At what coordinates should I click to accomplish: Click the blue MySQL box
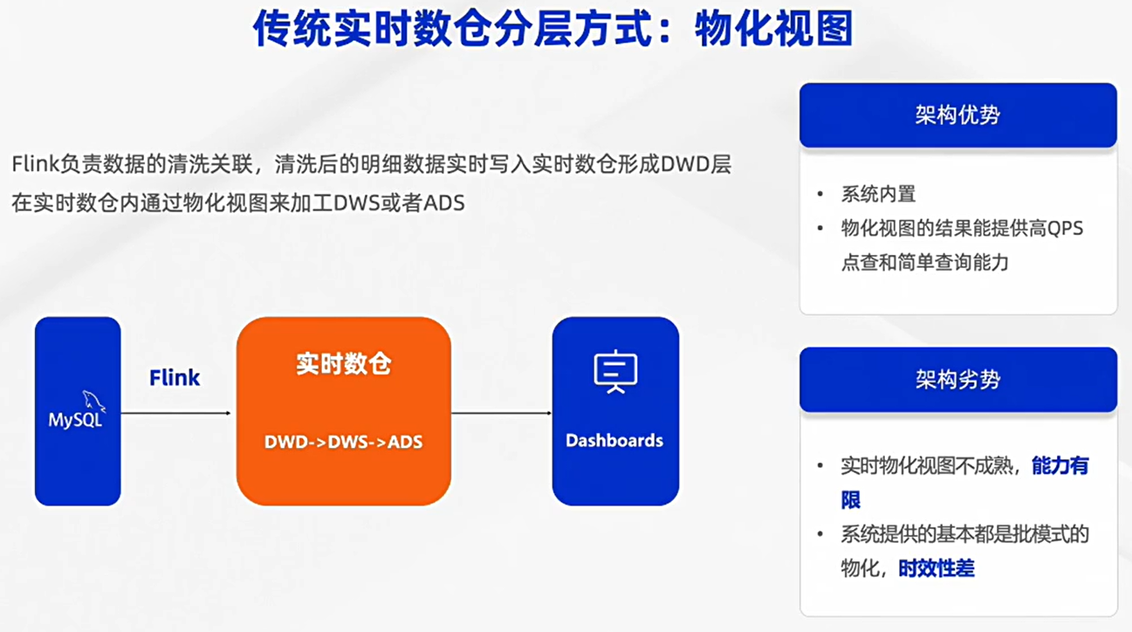tap(78, 411)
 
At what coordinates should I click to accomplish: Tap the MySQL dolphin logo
tap(94, 401)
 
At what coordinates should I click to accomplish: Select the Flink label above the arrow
tap(175, 378)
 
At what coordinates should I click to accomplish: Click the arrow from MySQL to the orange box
tap(175, 413)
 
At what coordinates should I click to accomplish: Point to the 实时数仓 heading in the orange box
tap(344, 364)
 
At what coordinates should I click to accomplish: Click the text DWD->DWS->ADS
tap(344, 442)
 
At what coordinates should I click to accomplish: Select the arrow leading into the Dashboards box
tap(501, 413)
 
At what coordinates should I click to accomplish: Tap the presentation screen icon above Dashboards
tap(615, 372)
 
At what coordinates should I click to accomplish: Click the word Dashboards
tap(614, 440)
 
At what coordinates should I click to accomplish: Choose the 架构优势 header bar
tap(958, 115)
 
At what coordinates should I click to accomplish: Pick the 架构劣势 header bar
tap(958, 379)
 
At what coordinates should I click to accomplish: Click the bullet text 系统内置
tap(878, 194)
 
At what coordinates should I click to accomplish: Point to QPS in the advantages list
tap(1065, 229)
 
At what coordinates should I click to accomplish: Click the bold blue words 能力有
tap(1060, 465)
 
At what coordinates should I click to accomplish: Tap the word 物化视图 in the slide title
tap(774, 29)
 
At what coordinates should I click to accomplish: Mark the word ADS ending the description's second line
tap(443, 203)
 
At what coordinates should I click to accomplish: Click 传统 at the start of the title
tap(292, 29)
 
